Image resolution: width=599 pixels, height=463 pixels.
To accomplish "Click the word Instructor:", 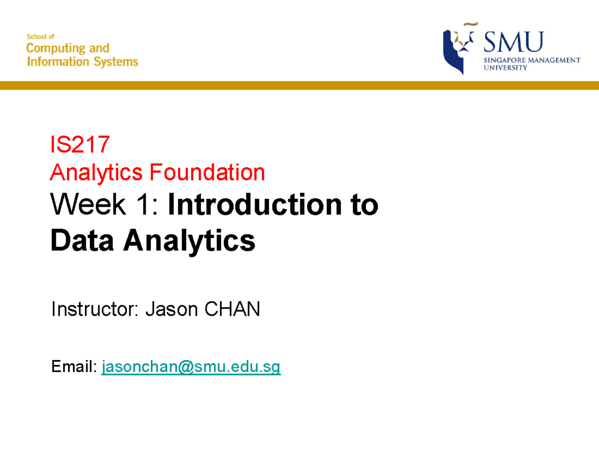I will pos(95,311).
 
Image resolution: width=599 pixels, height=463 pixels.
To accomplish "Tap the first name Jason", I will pos(167,311).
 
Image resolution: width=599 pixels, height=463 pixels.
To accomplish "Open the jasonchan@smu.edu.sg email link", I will pos(191,369).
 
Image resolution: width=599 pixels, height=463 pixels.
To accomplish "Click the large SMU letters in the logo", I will pos(514,41).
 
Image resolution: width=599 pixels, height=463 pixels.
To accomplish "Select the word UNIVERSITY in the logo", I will pos(505,68).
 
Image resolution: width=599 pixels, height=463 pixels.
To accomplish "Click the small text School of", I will pos(40,36).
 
